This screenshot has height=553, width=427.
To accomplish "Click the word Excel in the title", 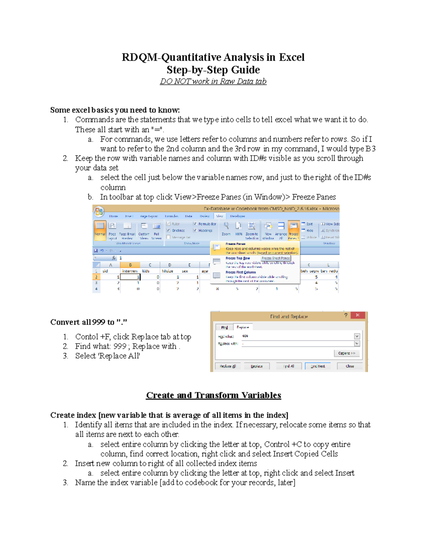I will pos(291,57).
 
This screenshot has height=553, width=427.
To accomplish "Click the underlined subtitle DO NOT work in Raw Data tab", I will pos(213,81).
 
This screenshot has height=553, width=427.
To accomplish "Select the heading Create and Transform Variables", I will pos(213,395).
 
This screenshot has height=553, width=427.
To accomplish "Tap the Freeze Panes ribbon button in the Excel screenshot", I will pos(294,230).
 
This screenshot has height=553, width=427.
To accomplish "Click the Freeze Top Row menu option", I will pos(237,258).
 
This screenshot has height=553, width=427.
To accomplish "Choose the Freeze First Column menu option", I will pos(241,272).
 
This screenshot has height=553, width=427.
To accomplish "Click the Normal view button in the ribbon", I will pos(100,229).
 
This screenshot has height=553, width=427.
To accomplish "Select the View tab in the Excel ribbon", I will pos(220,216).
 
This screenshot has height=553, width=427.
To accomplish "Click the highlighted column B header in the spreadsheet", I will pos(130,265).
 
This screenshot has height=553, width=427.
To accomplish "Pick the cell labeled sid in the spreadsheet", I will pos(105,271).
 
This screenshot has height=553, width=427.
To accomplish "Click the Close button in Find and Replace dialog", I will pos(350,366).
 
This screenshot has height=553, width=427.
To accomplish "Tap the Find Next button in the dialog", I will pos(318,366).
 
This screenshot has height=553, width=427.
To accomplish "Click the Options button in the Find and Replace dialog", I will pos(347,353).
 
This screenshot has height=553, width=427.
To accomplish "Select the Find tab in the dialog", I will pos(225,327).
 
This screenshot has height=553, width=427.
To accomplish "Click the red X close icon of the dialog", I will pos(358,315).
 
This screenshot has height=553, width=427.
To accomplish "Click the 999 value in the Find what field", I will pos(245,336).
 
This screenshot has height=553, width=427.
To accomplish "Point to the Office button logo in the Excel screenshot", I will pos(99,212).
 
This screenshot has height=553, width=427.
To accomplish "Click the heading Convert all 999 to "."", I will pos(89,322).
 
